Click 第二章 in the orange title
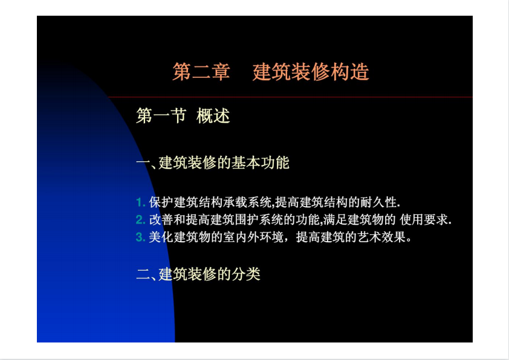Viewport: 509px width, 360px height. (201, 72)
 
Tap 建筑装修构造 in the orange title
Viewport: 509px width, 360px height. (311, 72)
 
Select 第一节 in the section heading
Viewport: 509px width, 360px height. (161, 116)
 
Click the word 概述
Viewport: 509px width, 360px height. (213, 116)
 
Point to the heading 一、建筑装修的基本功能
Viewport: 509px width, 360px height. (213, 162)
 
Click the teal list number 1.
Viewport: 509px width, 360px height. (140, 202)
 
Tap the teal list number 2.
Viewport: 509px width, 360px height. (140, 220)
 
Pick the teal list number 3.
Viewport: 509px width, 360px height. (140, 237)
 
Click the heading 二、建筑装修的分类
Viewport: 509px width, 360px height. (198, 274)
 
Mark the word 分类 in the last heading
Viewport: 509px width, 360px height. (246, 274)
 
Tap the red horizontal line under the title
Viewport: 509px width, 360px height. (290, 97)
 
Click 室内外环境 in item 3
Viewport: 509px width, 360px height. (253, 237)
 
